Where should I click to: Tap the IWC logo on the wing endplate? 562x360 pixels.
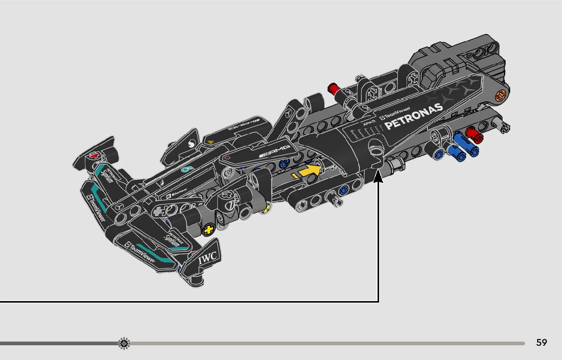point(208,258)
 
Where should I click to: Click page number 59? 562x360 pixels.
point(541,343)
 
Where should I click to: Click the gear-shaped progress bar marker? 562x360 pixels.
point(124,343)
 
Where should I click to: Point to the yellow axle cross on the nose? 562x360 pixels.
point(207,230)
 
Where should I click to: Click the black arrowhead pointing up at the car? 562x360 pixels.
point(378,177)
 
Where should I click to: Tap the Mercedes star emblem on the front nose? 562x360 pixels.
point(120,208)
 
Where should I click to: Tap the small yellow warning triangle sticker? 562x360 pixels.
point(209,139)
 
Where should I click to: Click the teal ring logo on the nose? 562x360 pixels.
point(186,170)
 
